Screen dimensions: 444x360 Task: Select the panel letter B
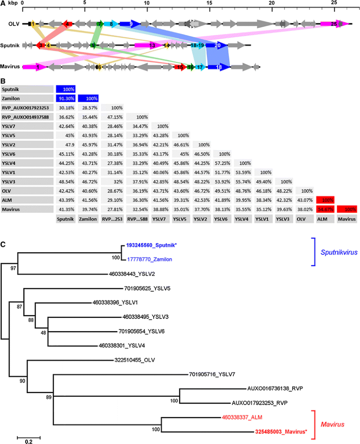tap(3, 78)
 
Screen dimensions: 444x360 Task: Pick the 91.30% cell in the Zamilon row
tap(66, 98)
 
